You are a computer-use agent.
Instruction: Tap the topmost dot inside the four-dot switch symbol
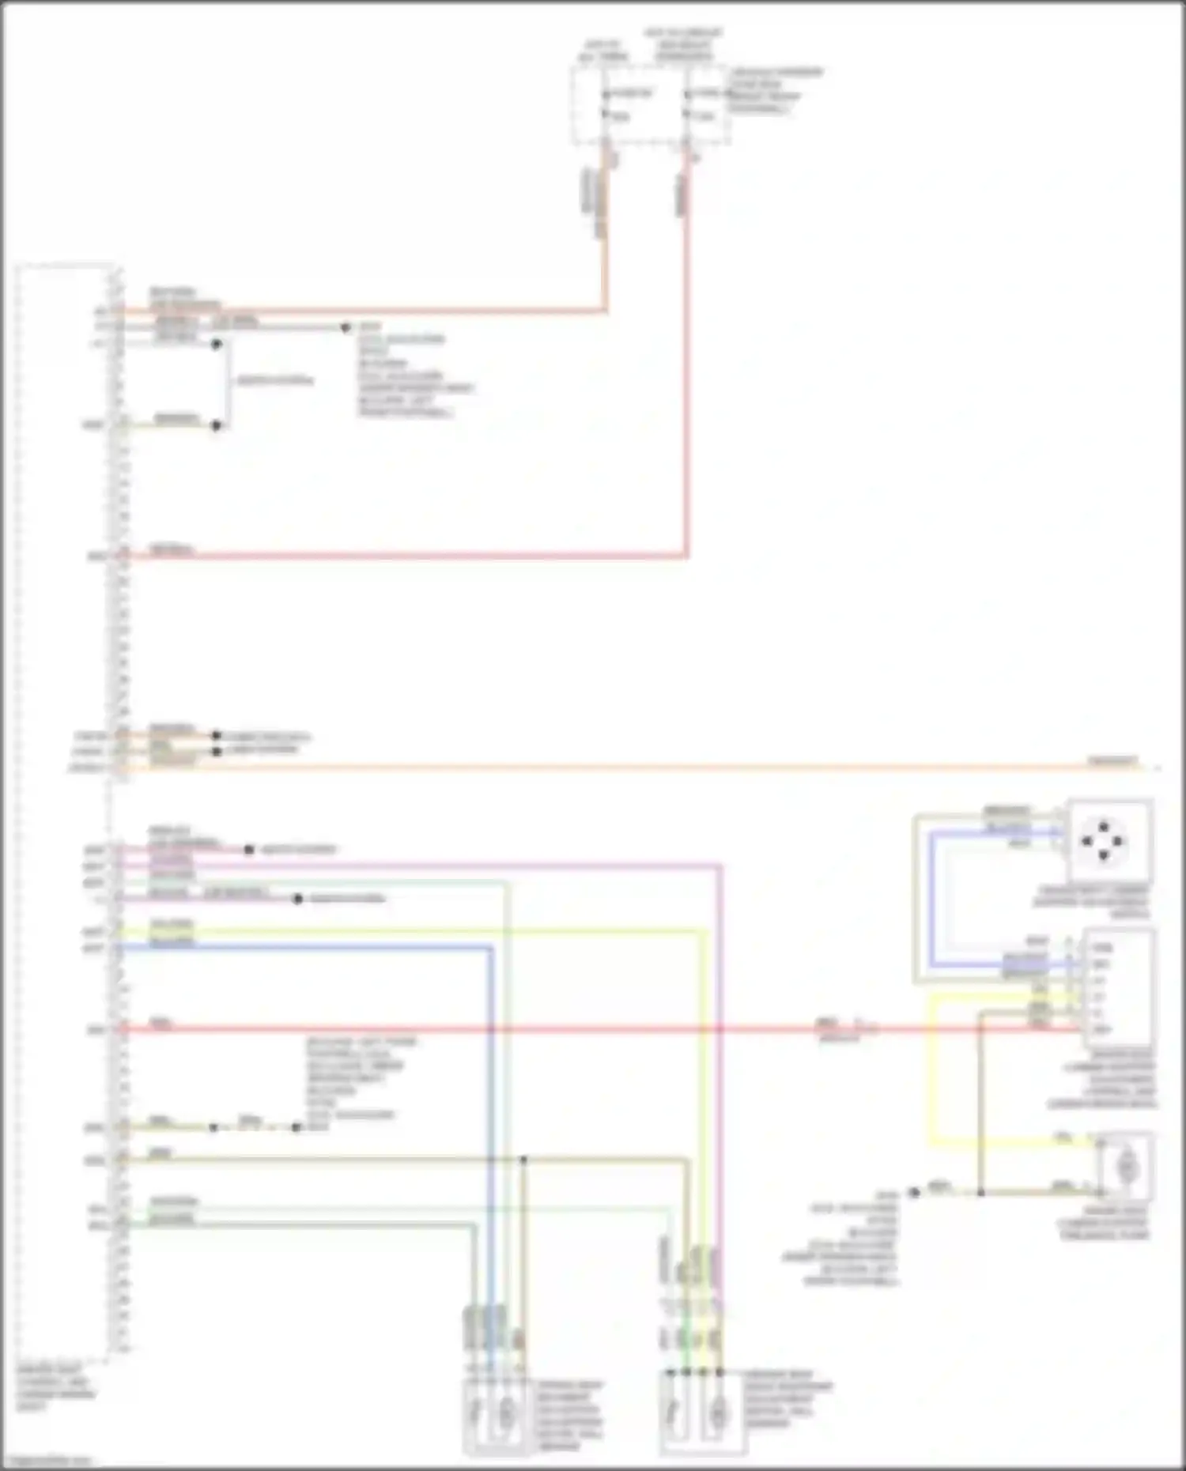pyautogui.click(x=1104, y=827)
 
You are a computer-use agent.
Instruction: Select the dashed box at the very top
pyautogui.click(x=650, y=105)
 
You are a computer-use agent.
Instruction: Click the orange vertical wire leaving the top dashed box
pyautogui.click(x=606, y=237)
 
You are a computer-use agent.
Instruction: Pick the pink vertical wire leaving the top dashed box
pyautogui.click(x=686, y=356)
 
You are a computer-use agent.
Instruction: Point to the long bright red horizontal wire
pyautogui.click(x=553, y=1029)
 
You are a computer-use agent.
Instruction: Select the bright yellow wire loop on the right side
pyautogui.click(x=931, y=1067)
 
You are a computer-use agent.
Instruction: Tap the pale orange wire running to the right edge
pyautogui.click(x=633, y=767)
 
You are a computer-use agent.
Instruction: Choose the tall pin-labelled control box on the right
pyautogui.click(x=1118, y=987)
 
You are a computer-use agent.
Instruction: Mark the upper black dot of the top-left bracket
pyautogui.click(x=216, y=344)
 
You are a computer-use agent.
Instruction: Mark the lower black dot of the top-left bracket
pyautogui.click(x=216, y=425)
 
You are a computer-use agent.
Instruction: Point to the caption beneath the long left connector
pyautogui.click(x=55, y=1387)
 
